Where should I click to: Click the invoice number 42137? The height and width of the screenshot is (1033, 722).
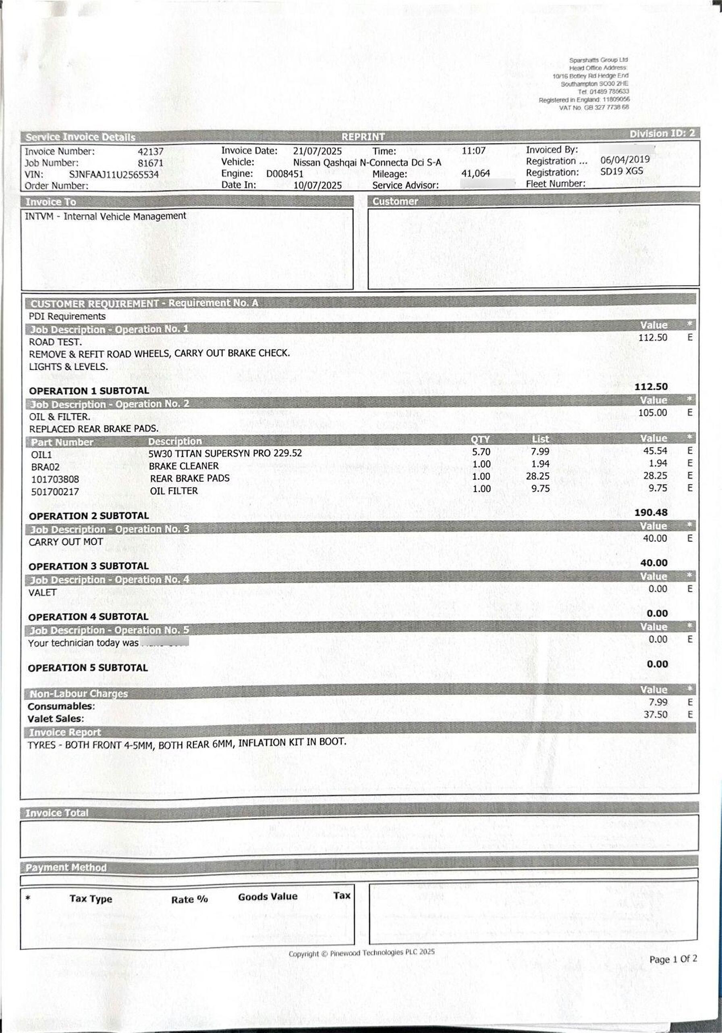point(151,152)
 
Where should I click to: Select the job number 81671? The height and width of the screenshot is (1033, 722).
point(151,163)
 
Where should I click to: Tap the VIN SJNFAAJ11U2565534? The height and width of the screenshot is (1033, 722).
point(114,175)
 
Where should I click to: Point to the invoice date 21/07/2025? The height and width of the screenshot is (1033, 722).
point(317,151)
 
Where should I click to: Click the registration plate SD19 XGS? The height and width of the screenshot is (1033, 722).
point(621,171)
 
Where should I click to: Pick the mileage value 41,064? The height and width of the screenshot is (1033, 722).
point(476,174)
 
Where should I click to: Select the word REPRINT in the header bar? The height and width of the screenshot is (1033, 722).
point(363,137)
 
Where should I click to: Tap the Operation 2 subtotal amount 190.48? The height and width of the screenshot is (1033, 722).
point(651,512)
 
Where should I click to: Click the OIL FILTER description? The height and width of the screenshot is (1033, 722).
point(174,491)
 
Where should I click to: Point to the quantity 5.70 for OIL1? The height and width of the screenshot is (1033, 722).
point(481,452)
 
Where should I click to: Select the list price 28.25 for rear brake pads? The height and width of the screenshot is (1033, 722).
point(538,476)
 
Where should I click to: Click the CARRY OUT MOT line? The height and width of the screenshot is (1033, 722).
point(66,542)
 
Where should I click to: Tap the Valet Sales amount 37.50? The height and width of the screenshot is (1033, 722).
point(655,714)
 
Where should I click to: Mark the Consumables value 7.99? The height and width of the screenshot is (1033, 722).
point(658,702)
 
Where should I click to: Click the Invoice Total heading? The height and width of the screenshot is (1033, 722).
point(57,813)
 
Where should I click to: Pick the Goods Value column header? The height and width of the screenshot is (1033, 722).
point(268,897)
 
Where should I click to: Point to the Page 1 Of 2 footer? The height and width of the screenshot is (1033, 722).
point(673,959)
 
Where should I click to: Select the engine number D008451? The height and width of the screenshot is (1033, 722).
point(284,174)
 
